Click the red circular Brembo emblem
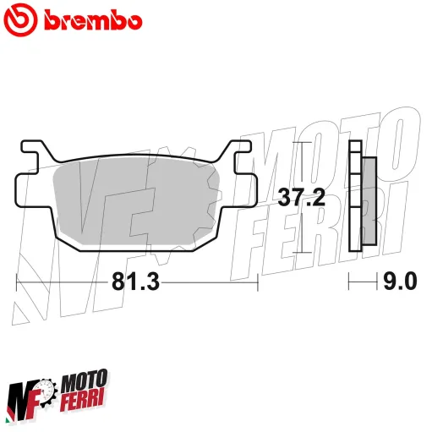click(x=22, y=19)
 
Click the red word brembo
click(x=87, y=19)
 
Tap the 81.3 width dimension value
click(x=136, y=282)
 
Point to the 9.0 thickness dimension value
click(x=401, y=282)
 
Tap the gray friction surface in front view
click(x=135, y=203)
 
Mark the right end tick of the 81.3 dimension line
click(x=257, y=282)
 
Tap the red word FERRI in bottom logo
click(x=85, y=402)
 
